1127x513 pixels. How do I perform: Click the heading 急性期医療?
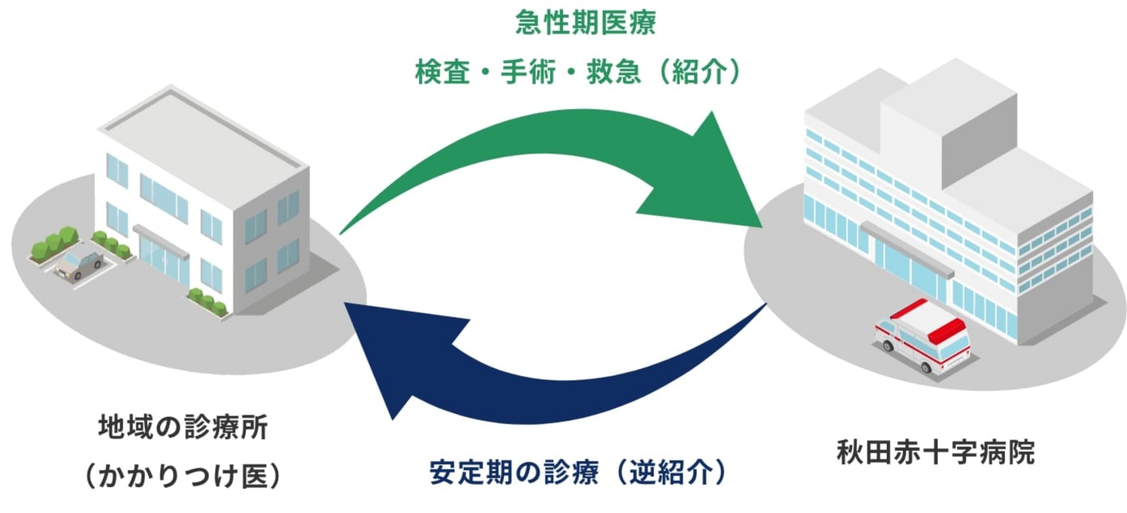click(x=585, y=23)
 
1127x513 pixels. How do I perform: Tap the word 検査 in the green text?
click(x=442, y=72)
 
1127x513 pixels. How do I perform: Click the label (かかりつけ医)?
click(x=183, y=476)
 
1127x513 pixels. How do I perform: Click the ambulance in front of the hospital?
click(x=923, y=337)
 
